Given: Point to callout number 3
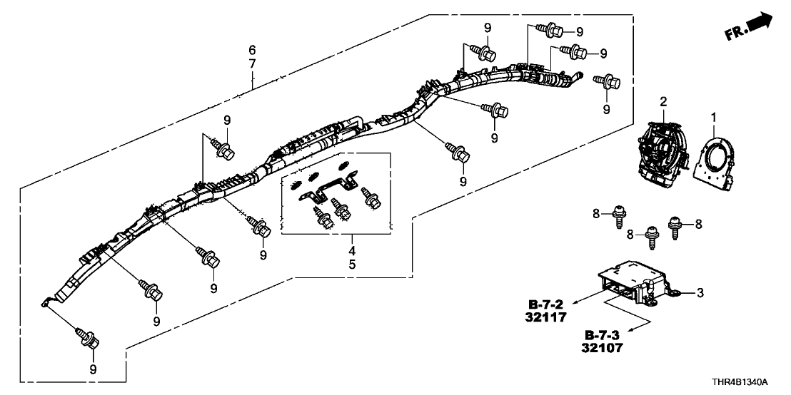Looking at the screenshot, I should (700, 292).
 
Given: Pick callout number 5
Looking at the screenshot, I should (352, 265).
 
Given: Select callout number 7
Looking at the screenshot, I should (252, 64).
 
